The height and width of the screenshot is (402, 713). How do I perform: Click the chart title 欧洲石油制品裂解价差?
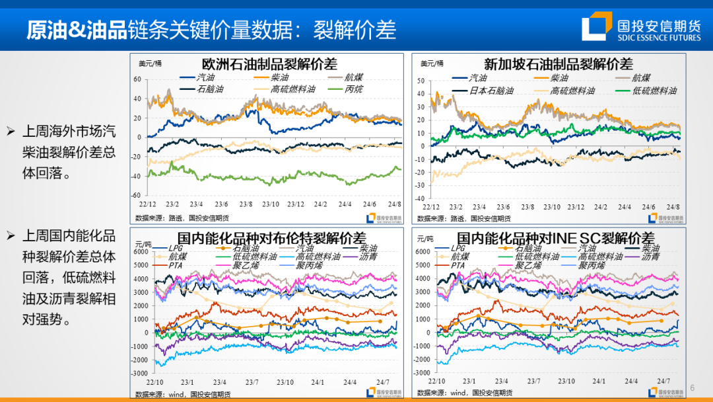(269, 64)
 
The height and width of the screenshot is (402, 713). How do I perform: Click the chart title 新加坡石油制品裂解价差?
(558, 64)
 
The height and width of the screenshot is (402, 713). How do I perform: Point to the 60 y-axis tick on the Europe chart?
(138, 79)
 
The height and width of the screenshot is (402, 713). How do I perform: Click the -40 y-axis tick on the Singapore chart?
(420, 198)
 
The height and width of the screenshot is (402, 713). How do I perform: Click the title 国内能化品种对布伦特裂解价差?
(272, 238)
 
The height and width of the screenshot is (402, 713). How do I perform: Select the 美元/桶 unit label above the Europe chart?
(149, 63)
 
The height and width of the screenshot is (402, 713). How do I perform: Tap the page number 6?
(693, 387)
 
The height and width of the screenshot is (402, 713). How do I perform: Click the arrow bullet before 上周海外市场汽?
(11, 130)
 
